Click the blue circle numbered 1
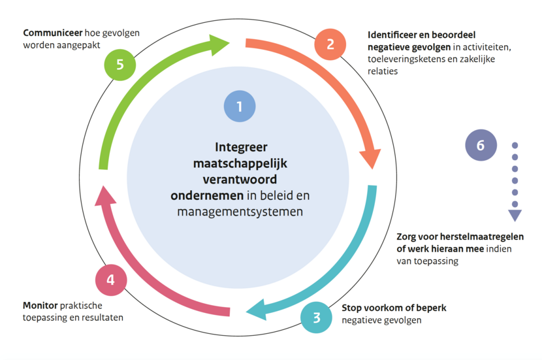[239, 106]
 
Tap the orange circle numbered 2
[330, 44]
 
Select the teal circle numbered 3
[317, 318]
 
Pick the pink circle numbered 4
[111, 280]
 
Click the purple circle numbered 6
[481, 145]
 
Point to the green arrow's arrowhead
[219, 44]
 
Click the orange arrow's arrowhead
[370, 157]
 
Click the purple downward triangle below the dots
[515, 215]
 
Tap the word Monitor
[40, 305]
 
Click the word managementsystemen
[240, 212]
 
